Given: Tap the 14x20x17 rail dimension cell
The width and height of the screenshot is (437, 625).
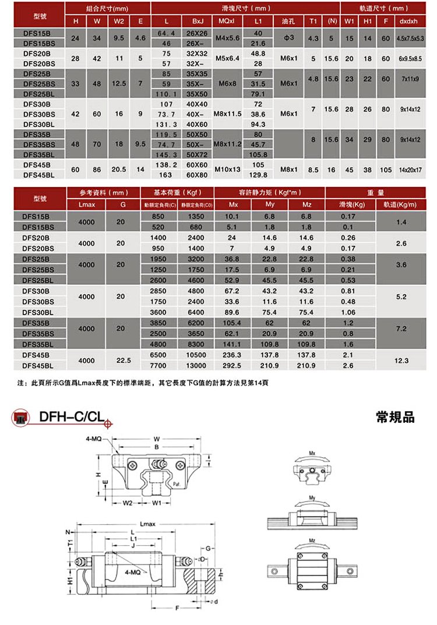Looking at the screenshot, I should click(x=410, y=170).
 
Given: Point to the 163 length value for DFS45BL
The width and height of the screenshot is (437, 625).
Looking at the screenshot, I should click(x=165, y=175).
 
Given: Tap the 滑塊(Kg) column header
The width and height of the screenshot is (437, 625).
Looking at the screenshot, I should click(x=352, y=204).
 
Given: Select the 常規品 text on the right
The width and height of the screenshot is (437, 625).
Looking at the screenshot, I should click(x=396, y=417).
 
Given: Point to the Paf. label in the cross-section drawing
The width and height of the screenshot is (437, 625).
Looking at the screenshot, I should click(x=177, y=483).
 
